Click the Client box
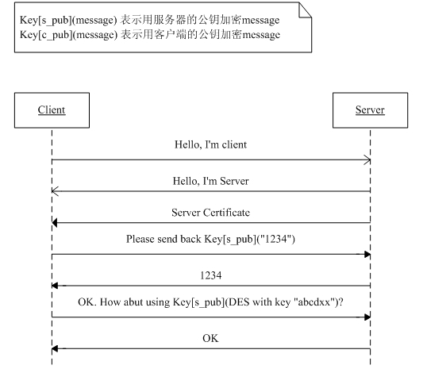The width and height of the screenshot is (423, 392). pos(52,110)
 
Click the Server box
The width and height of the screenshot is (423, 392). pos(370,110)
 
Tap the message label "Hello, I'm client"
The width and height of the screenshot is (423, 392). pos(210,144)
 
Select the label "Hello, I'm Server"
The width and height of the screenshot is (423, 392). pos(210,181)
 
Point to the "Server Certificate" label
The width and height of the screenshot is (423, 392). pos(210,213)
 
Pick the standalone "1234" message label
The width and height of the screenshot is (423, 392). pos(210,275)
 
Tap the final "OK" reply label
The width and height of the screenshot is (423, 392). pos(210,338)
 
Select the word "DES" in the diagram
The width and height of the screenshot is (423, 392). pos(237,302)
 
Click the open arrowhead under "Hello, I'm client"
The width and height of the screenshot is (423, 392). pos(367,159)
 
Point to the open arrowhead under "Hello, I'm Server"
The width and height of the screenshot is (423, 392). pos(55,191)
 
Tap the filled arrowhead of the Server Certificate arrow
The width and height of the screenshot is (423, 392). pos(55,223)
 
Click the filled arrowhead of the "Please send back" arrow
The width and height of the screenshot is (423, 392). pos(367,254)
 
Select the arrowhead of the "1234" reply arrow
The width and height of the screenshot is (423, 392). pos(55,286)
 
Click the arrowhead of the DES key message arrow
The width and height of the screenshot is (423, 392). pos(367,317)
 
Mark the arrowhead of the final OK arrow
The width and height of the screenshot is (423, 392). pos(55,348)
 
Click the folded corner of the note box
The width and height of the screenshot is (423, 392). pos(305,10)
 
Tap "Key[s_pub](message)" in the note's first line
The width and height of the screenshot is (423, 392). pos(68,20)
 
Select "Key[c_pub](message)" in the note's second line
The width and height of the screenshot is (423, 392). pos(68,35)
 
